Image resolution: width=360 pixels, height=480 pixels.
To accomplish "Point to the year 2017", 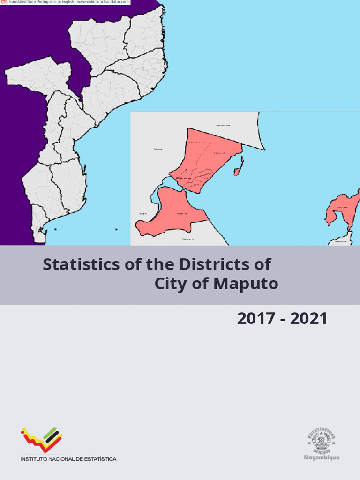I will [x=256, y=319].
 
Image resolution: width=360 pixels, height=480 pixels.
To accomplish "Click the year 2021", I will [x=308, y=319].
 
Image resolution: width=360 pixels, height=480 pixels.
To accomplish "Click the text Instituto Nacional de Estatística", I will [x=68, y=459].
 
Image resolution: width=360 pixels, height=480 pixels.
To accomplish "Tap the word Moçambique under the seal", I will [x=322, y=457].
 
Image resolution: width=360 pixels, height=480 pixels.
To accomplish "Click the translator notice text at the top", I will [x=68, y=2].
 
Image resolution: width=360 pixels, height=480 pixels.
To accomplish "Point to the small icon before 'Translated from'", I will [x=4, y=2].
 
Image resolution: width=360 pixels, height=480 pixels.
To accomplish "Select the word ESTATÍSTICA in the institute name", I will [x=99, y=459].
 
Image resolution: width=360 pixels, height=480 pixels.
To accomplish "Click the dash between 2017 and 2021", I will [x=282, y=320].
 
